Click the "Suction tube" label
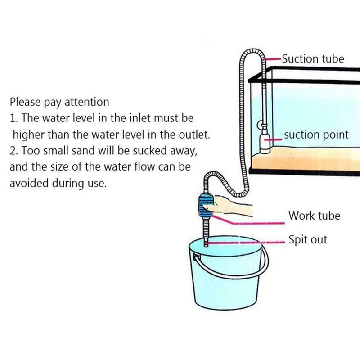click(313, 59)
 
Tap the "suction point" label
click(316, 135)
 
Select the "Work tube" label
click(315, 216)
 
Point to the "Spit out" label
click(308, 239)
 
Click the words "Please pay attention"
click(59, 102)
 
